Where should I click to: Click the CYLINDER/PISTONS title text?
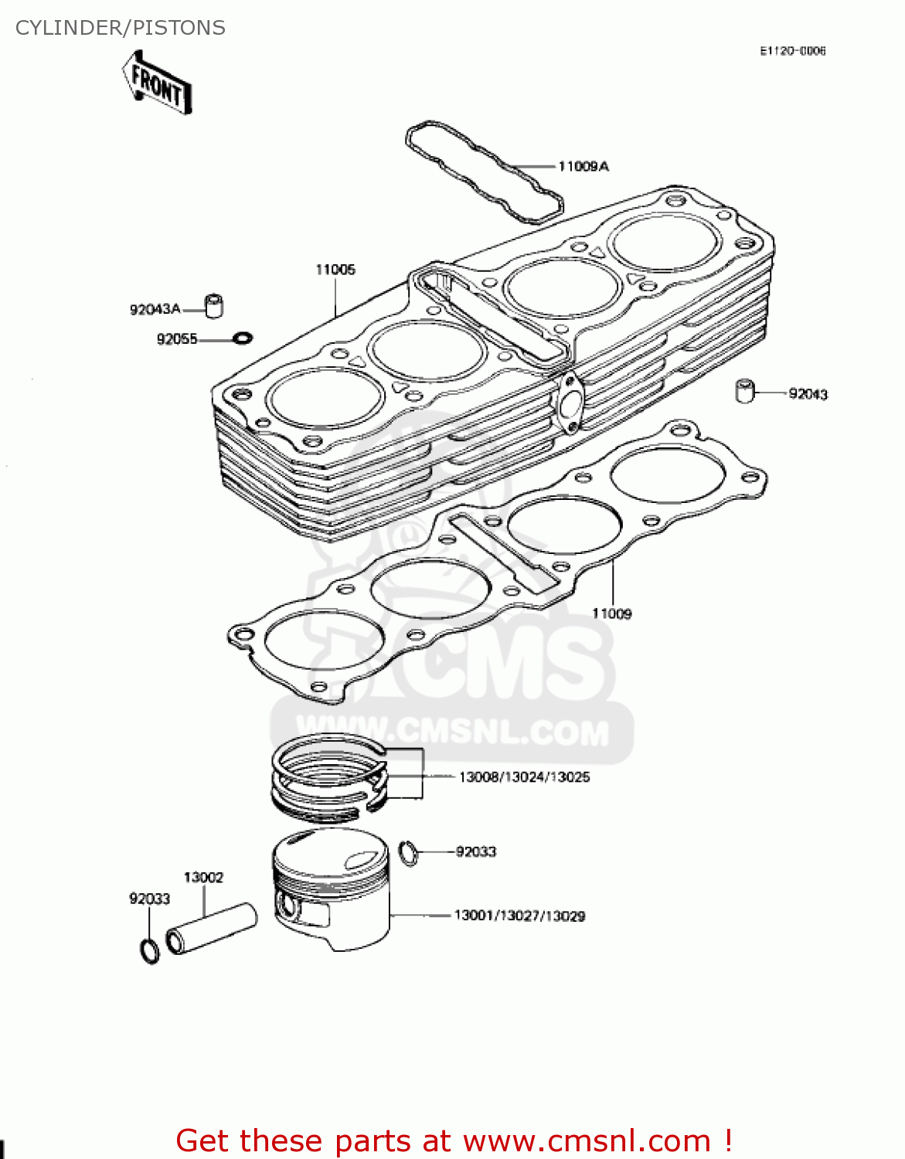[121, 28]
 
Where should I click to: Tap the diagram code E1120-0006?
[792, 51]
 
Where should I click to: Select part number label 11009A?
[583, 166]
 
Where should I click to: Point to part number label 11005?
[335, 270]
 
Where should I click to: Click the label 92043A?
[155, 309]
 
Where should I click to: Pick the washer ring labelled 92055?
[243, 338]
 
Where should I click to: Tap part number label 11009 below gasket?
[611, 613]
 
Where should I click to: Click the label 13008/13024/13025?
[524, 777]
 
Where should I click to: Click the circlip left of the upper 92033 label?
[409, 853]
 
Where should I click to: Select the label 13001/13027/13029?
[519, 916]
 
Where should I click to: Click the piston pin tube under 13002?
[211, 929]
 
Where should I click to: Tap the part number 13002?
[203, 878]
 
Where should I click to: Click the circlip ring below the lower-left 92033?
[150, 950]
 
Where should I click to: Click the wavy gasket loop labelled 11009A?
[484, 172]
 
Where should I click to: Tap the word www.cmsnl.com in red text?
[586, 1140]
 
